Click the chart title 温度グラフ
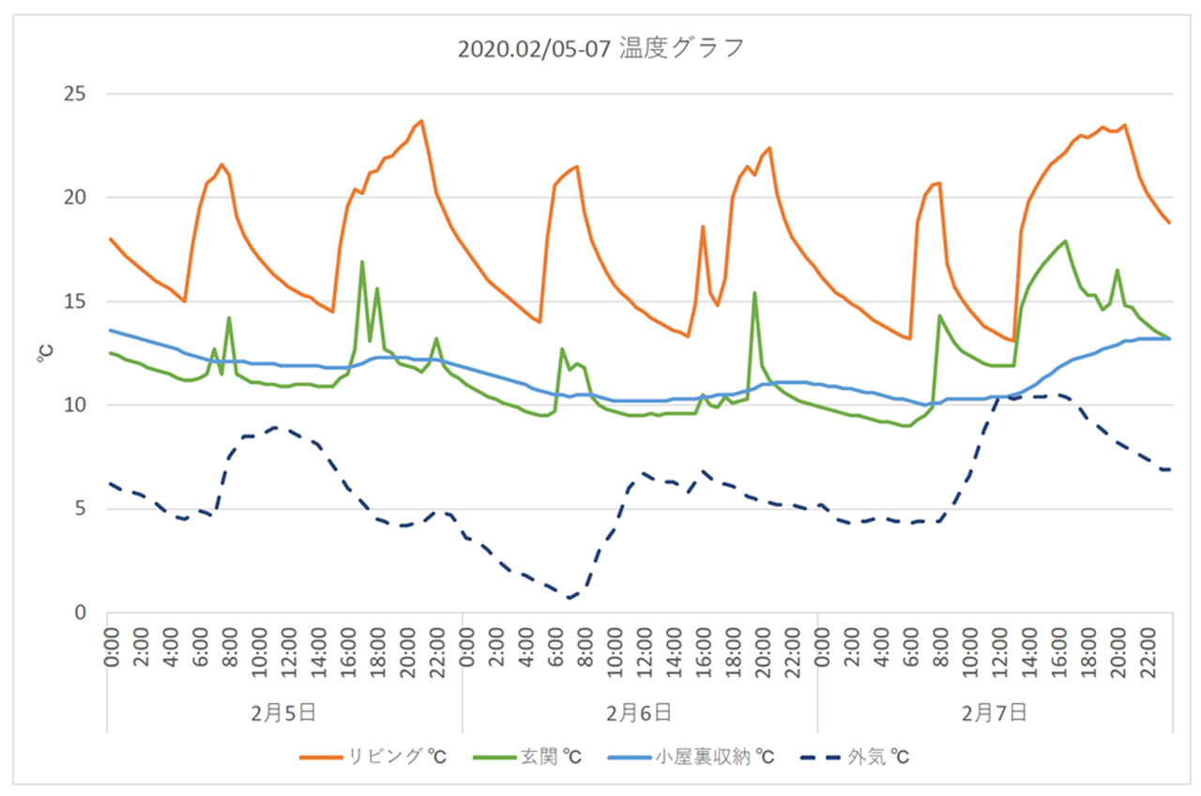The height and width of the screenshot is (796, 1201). coord(600,49)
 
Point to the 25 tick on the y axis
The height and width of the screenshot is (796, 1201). coord(75,94)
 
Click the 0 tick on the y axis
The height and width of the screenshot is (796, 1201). coord(81,613)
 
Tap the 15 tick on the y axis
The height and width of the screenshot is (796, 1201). coord(75,301)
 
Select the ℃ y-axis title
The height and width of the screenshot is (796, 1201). coord(45,354)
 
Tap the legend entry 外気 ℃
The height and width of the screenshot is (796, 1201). coord(859,757)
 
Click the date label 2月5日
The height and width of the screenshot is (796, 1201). coord(284,712)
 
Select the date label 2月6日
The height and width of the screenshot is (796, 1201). coord(639,712)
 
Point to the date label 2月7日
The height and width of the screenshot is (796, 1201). coord(995,712)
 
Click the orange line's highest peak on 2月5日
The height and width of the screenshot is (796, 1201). coord(421,121)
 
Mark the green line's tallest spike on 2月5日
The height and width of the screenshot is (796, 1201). coord(362,262)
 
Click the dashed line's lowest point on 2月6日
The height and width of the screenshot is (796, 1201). coord(570,598)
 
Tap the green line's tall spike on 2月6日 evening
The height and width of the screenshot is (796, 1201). coord(754,293)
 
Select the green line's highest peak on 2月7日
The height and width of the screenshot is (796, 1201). coord(1066,241)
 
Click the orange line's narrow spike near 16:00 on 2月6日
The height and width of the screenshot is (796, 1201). coord(703,226)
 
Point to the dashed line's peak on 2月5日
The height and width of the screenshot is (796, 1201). coord(273,427)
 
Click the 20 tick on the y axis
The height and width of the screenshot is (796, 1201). coord(75,197)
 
